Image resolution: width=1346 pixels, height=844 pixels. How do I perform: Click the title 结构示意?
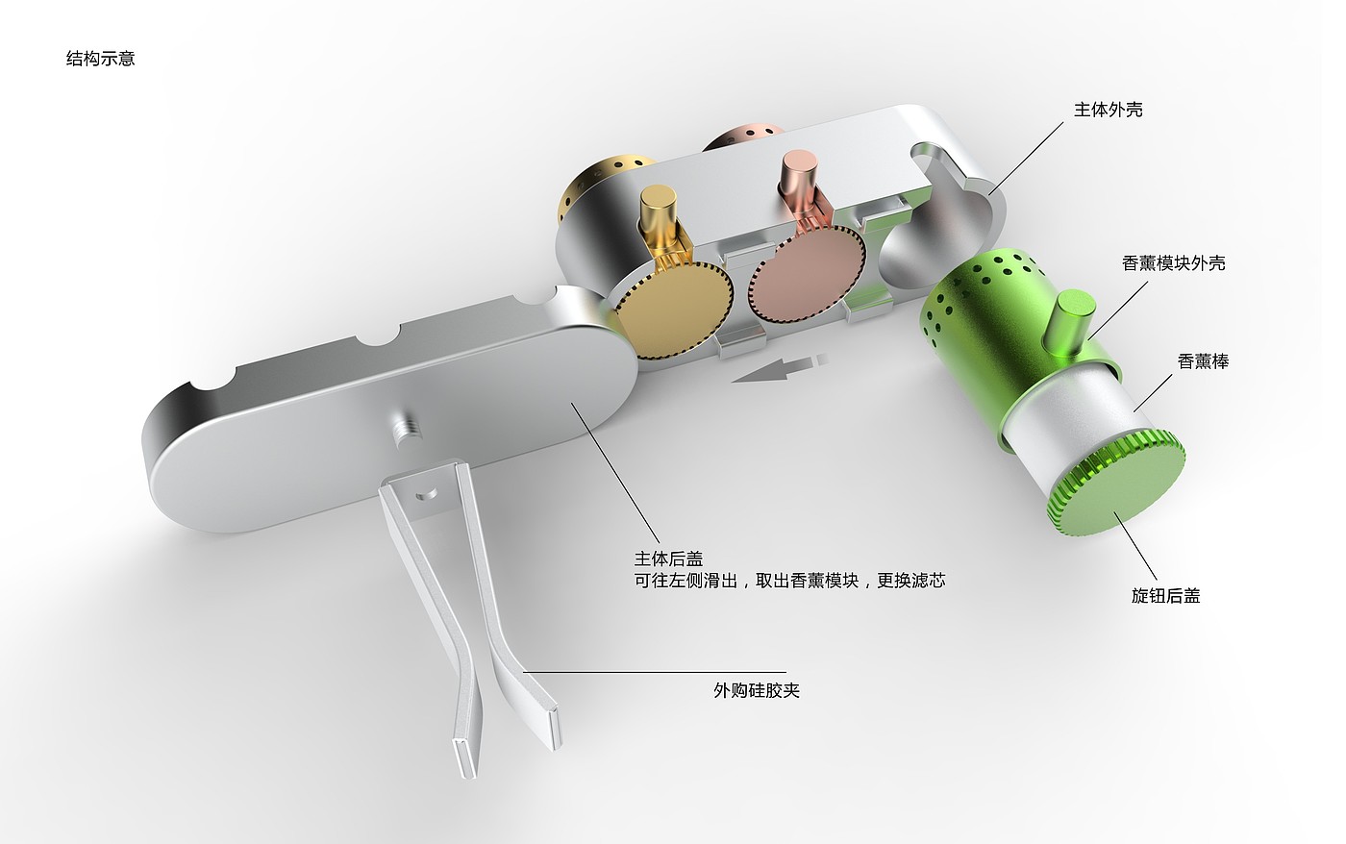(100, 59)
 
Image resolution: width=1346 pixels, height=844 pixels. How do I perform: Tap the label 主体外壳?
(1108, 110)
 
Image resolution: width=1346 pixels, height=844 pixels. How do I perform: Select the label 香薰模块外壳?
(1173, 262)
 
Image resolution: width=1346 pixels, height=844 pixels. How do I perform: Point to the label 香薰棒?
(1203, 361)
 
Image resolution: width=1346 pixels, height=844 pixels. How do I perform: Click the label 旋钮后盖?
(1165, 596)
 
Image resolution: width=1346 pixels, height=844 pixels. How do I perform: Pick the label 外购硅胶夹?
(757, 690)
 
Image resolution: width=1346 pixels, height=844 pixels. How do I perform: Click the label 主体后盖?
(668, 559)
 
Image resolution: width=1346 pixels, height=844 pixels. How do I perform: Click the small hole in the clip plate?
(419, 496)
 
